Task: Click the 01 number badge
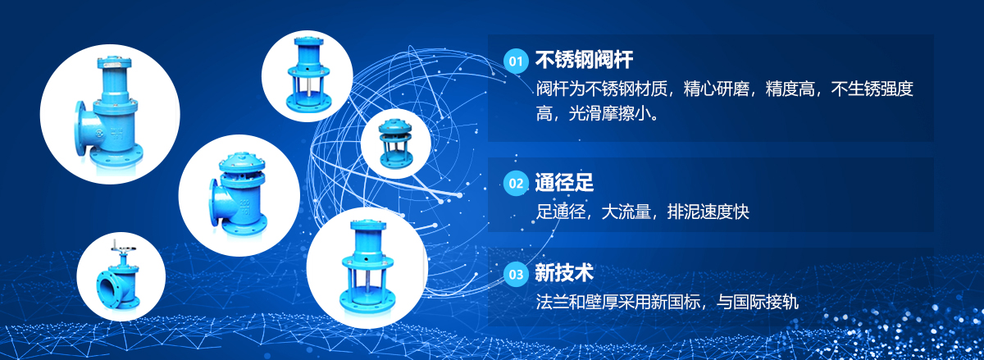(x=516, y=62)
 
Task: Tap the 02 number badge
(x=516, y=184)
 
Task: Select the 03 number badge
(x=516, y=274)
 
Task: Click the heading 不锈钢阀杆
(x=584, y=60)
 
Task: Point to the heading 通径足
(x=564, y=182)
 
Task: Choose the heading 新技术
(x=564, y=272)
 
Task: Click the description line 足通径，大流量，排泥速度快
(x=642, y=212)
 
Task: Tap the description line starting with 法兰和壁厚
(x=667, y=302)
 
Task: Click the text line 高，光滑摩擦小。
(x=597, y=113)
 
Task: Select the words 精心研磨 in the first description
(x=716, y=89)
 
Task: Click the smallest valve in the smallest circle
(x=395, y=143)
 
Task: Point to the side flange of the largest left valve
(x=81, y=128)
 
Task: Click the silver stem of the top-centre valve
(x=307, y=88)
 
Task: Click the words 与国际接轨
(x=758, y=302)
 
